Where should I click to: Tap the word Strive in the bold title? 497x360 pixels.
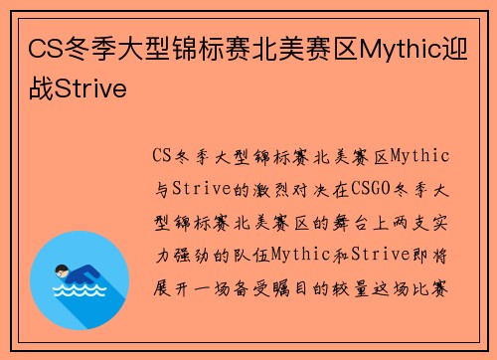(92, 90)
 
